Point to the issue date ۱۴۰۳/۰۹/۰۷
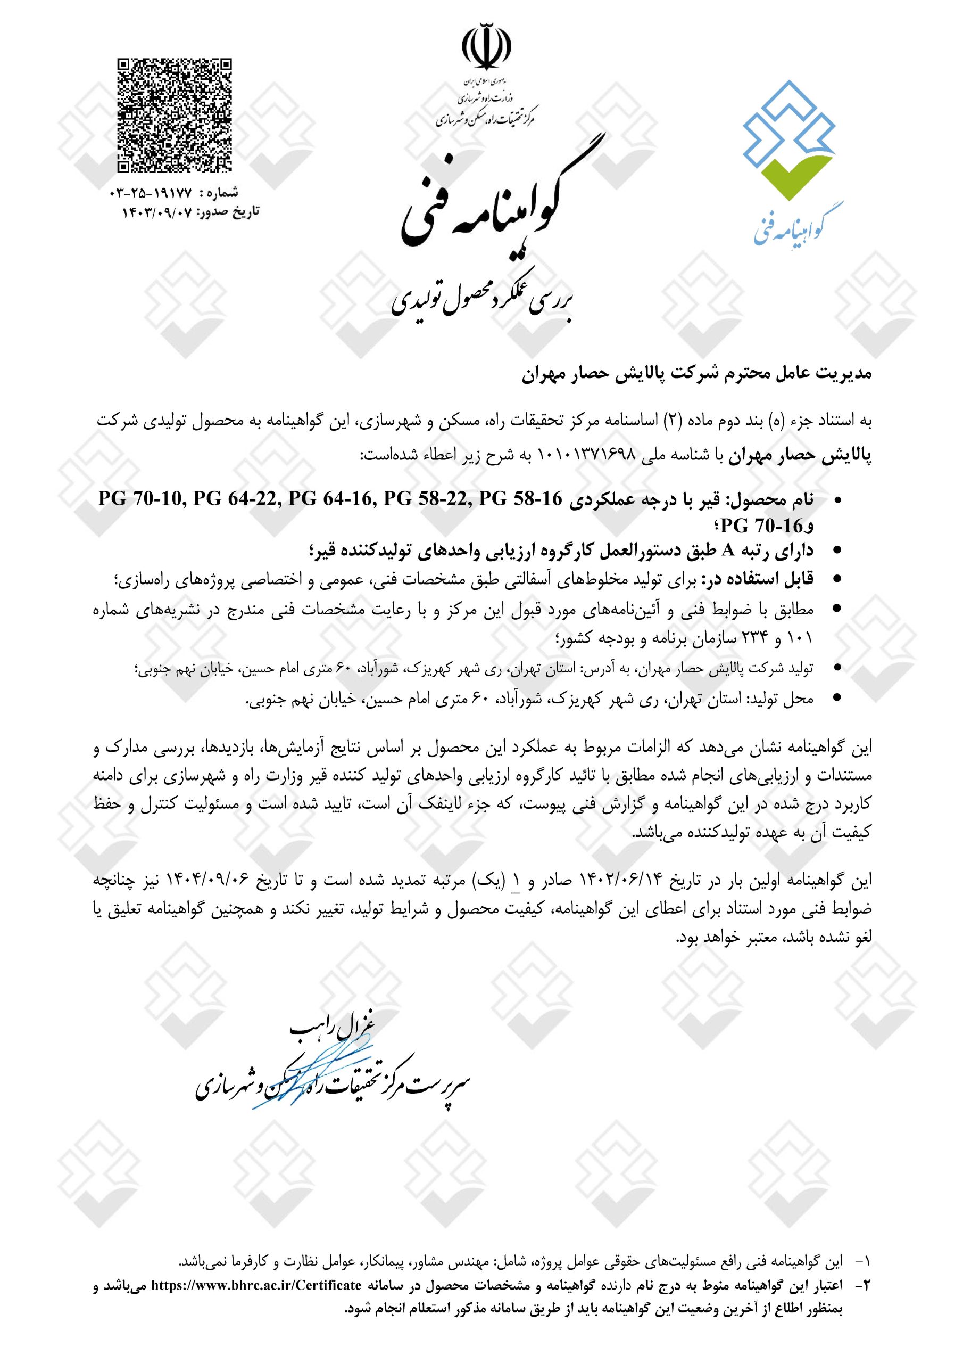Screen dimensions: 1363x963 158,211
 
